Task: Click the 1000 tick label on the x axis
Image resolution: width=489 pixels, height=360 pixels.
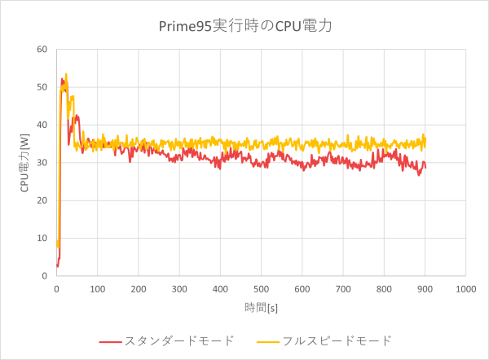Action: (465, 288)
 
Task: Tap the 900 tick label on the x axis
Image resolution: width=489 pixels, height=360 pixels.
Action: (425, 288)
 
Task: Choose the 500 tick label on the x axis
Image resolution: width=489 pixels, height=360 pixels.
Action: (261, 288)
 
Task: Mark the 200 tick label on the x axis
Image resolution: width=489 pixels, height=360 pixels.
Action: (138, 288)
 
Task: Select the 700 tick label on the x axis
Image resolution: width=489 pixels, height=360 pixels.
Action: (343, 288)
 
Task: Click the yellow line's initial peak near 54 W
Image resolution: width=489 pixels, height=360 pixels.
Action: (66, 74)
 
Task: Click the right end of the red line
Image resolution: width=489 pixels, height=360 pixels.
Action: (425, 166)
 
